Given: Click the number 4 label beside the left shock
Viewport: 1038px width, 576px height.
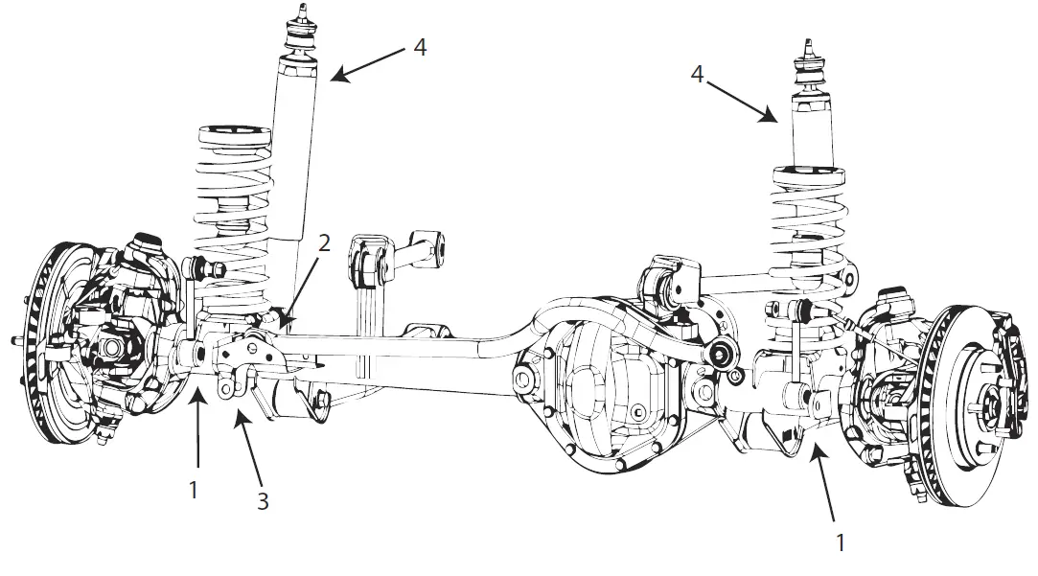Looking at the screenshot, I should point(420,46).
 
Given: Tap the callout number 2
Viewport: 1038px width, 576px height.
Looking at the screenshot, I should point(324,242).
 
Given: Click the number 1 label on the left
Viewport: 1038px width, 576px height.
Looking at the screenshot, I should point(194,490).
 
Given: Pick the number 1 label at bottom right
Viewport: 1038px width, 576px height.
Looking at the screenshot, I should point(841,542).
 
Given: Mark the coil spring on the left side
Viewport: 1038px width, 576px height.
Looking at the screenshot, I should point(230,211).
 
